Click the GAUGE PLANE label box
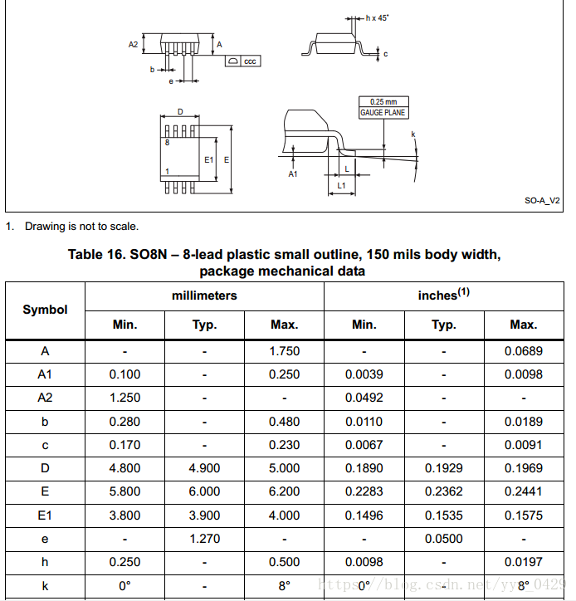[x=383, y=112]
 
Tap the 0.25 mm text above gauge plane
[x=383, y=102]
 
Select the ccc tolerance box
[x=250, y=61]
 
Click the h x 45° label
[x=378, y=17]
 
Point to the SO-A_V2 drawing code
[x=542, y=200]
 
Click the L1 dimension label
[x=342, y=186]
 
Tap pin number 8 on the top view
[x=168, y=143]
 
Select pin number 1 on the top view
[x=168, y=172]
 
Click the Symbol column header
[x=45, y=310]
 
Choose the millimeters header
[x=204, y=296]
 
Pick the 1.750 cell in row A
[x=284, y=351]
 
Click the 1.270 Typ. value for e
[x=204, y=539]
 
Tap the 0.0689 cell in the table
[x=524, y=351]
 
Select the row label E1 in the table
[x=45, y=515]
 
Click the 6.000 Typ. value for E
[x=204, y=491]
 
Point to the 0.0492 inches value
[x=364, y=398]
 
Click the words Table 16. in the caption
[x=97, y=255]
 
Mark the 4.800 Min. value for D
[x=124, y=468]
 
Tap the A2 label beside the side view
[x=134, y=45]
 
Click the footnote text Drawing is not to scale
[x=81, y=227]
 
